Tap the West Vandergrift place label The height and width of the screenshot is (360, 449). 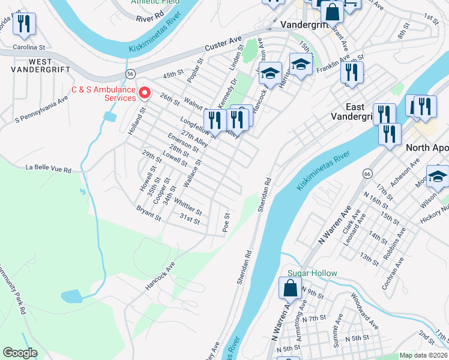coord(31,65)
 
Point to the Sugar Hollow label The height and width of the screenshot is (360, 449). coord(312,273)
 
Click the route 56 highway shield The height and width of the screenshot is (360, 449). coord(130,73)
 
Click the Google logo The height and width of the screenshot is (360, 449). coord(20,353)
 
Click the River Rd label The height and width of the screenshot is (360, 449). coord(150,19)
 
